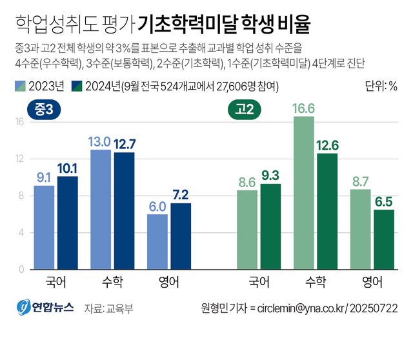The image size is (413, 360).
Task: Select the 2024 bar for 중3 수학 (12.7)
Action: [124, 210]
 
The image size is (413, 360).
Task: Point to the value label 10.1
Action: [68, 168]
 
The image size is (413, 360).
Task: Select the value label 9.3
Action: [271, 175]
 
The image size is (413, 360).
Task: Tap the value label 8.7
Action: [360, 181]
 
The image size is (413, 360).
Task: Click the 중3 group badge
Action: [44, 110]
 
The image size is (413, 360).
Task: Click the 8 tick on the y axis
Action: [21, 195]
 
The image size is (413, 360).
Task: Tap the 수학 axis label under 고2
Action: [316, 281]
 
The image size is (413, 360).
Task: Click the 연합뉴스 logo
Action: [45, 307]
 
